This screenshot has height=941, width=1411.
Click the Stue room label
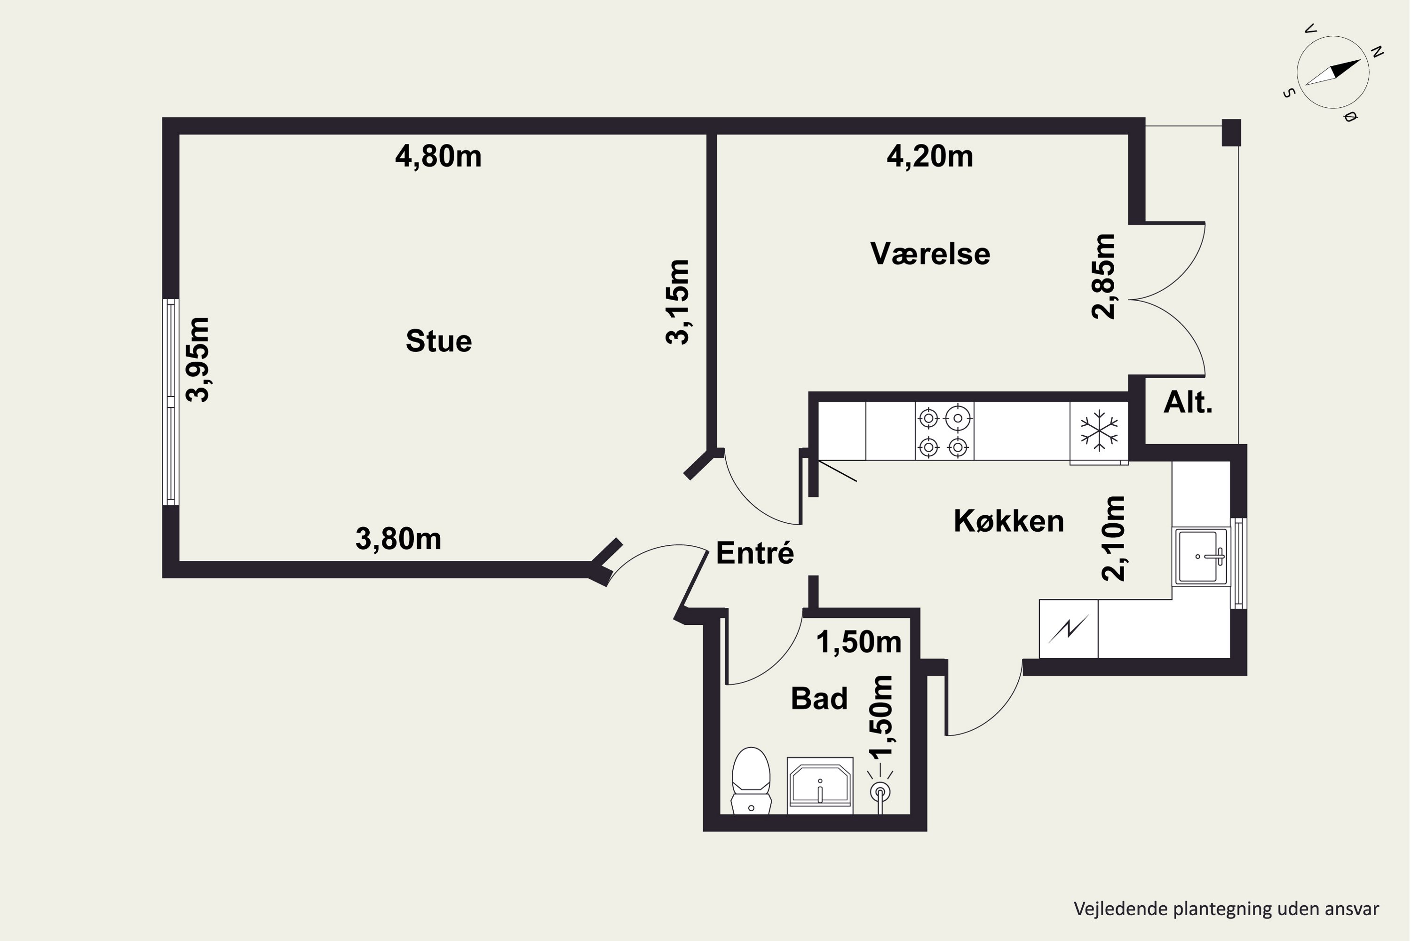point(438,341)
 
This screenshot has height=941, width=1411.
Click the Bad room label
point(819,698)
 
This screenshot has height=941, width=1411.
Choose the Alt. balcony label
point(1188,402)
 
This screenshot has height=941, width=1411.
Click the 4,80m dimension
point(438,157)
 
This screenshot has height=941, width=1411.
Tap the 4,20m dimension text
point(930,157)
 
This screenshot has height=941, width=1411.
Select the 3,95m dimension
point(198,359)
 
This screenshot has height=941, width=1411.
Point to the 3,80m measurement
point(398,538)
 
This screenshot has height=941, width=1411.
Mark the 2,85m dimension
point(1103,276)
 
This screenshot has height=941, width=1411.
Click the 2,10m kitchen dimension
point(1114,538)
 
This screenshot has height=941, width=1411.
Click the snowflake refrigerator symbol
point(1099,431)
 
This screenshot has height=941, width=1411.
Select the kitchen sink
point(1201,556)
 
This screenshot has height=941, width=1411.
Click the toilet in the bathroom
point(751,780)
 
